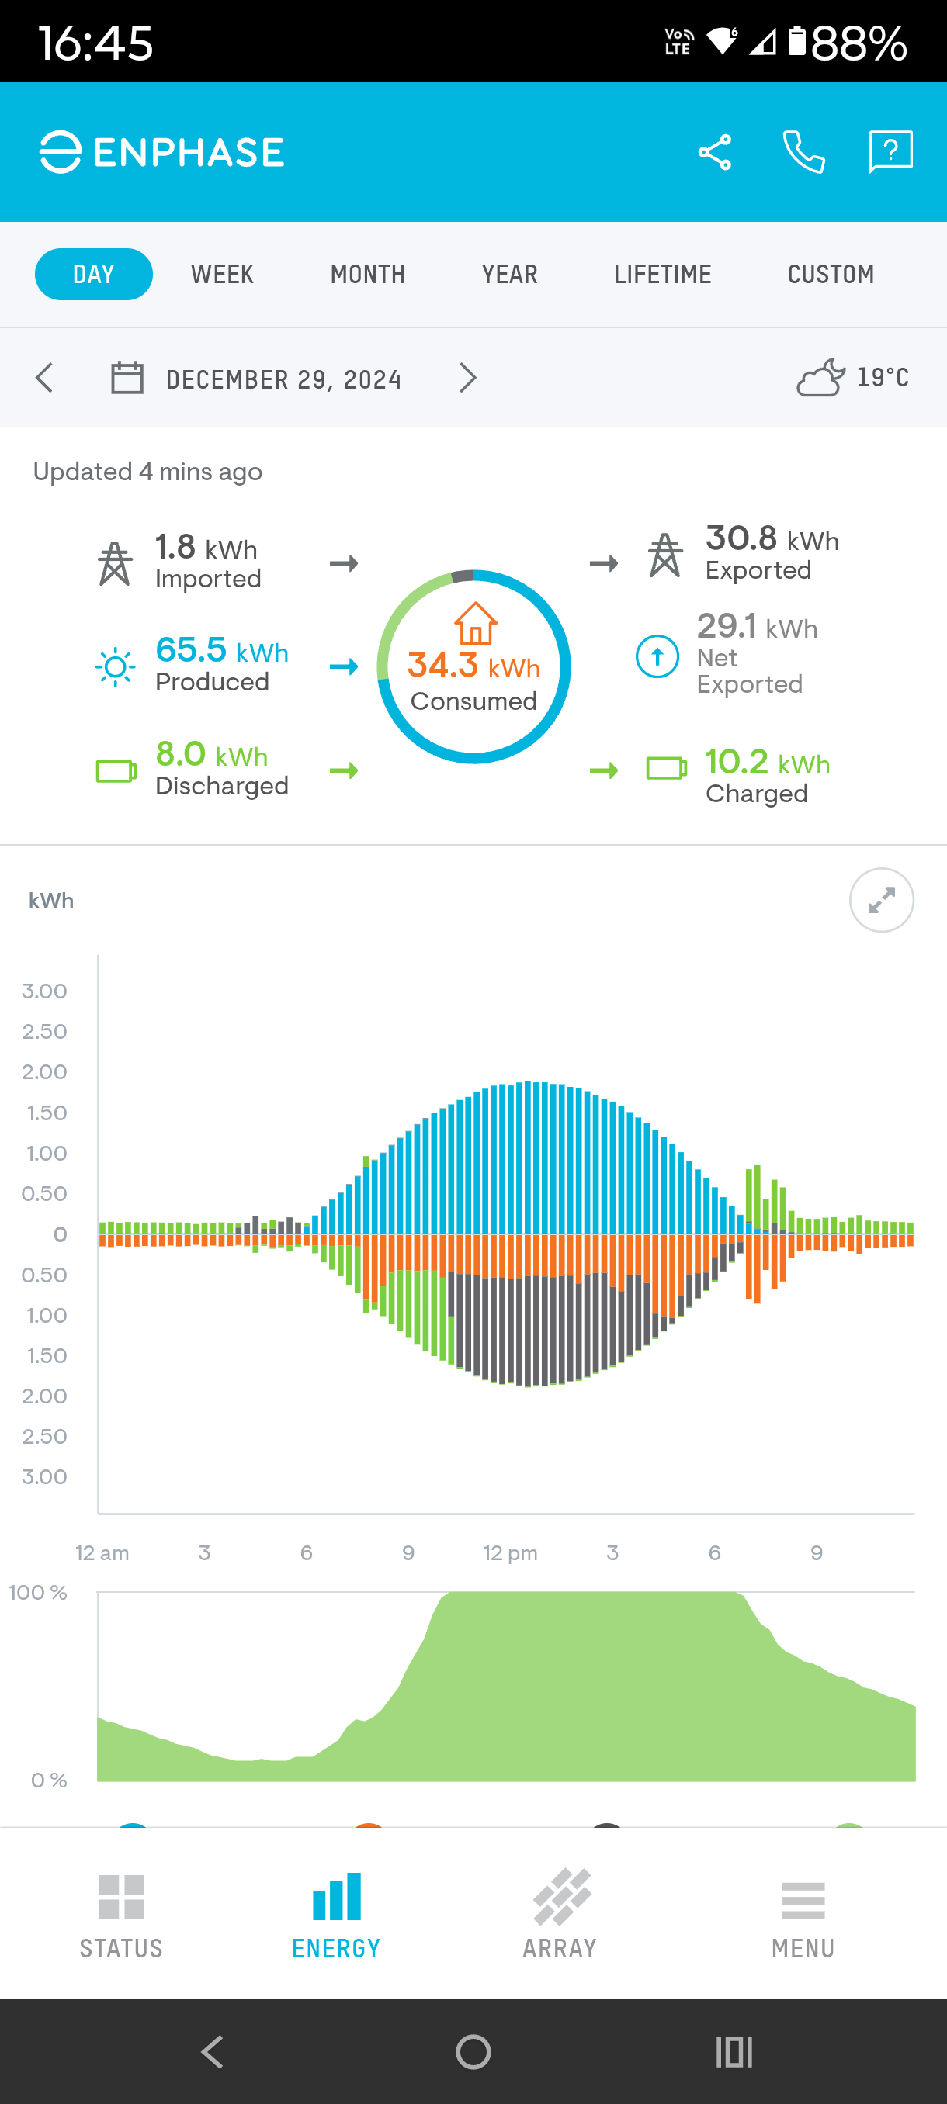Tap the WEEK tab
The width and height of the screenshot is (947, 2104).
(x=222, y=275)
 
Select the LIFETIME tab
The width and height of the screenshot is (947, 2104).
(x=662, y=275)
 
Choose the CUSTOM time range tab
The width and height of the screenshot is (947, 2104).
(x=830, y=275)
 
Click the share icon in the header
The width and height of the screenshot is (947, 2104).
(x=714, y=153)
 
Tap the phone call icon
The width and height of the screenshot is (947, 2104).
(x=803, y=153)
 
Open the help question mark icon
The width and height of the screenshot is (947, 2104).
(x=890, y=152)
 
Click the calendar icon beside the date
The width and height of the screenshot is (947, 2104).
(x=127, y=378)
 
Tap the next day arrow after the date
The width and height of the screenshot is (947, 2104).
(x=467, y=378)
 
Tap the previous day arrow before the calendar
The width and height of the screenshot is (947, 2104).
(x=45, y=378)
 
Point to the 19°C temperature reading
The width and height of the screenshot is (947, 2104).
(x=882, y=377)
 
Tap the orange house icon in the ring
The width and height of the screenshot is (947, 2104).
(x=475, y=624)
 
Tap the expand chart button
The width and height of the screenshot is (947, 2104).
(x=881, y=900)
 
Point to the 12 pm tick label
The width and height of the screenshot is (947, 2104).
(x=510, y=1552)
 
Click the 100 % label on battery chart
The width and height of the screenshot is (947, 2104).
(x=37, y=1593)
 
